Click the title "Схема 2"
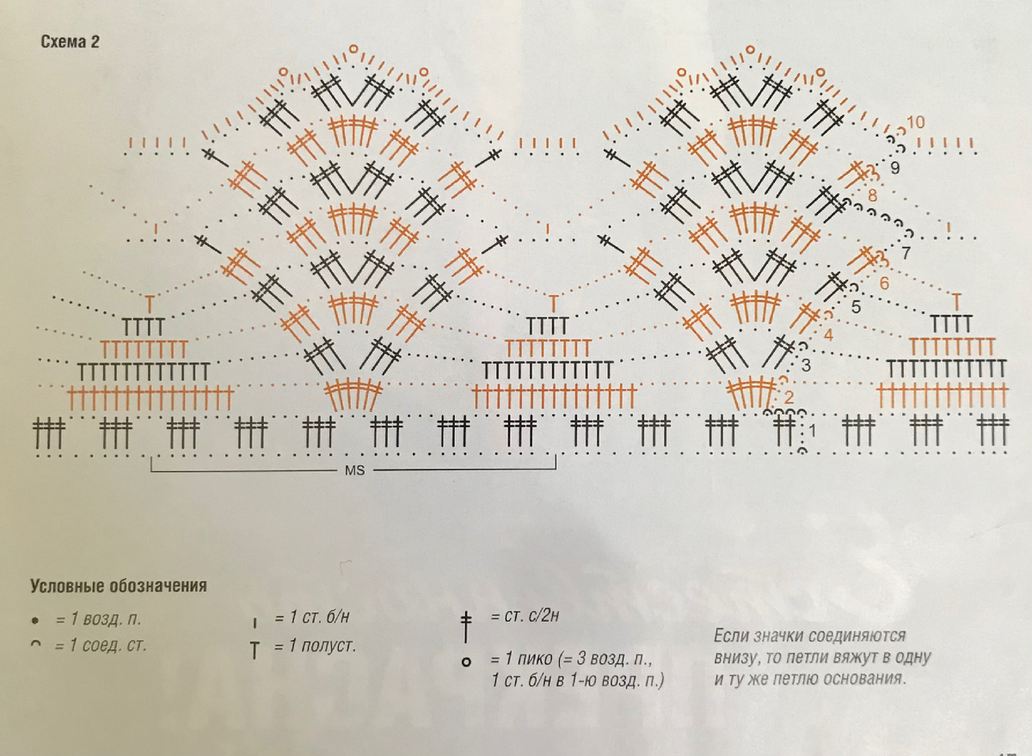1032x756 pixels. point(70,42)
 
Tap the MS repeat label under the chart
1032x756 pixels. point(354,470)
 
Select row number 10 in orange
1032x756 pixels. point(916,122)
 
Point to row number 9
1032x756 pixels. point(894,168)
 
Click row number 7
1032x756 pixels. point(906,253)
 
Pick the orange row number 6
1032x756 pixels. point(884,283)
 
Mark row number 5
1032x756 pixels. point(856,306)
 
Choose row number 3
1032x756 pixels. point(806,366)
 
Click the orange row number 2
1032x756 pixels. point(789,397)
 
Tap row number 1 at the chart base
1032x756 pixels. point(812,431)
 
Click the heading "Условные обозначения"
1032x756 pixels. point(119,586)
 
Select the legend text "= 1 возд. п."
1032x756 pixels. point(98,618)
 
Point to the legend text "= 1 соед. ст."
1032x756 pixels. point(101,645)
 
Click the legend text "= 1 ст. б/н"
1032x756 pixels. point(312,617)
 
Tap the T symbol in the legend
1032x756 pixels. point(255,650)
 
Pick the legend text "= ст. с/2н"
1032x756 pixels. point(525,616)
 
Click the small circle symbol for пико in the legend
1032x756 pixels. point(466,662)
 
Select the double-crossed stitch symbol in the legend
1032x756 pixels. point(466,627)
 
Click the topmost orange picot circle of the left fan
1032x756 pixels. point(353,48)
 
